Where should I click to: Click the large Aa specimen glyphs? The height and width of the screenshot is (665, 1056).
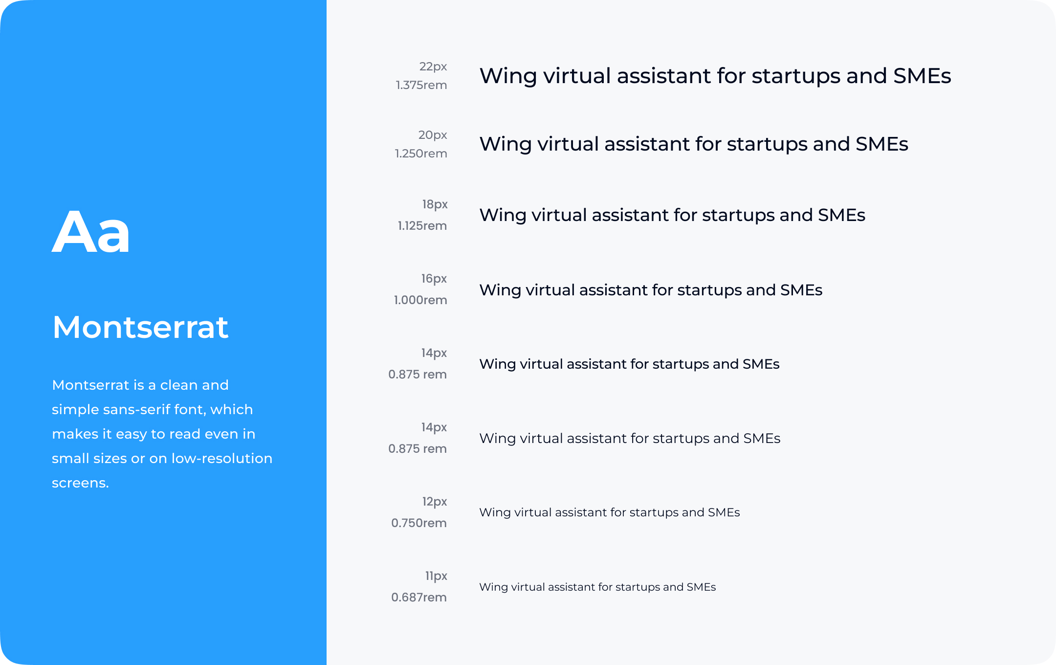pyautogui.click(x=91, y=232)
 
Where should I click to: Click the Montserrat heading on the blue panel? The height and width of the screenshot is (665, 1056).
pyautogui.click(x=140, y=327)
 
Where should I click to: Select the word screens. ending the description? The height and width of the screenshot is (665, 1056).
pyautogui.click(x=80, y=483)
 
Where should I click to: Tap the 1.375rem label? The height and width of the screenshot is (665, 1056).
pyautogui.click(x=421, y=85)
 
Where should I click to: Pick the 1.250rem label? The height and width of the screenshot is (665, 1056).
pyautogui.click(x=421, y=154)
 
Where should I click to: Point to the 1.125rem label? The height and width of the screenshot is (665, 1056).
pyautogui.click(x=422, y=226)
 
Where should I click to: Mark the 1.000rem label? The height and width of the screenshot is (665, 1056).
pyautogui.click(x=420, y=300)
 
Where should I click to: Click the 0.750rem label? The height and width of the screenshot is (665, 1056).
pyautogui.click(x=419, y=523)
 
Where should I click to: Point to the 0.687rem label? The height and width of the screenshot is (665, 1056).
pyautogui.click(x=419, y=598)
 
